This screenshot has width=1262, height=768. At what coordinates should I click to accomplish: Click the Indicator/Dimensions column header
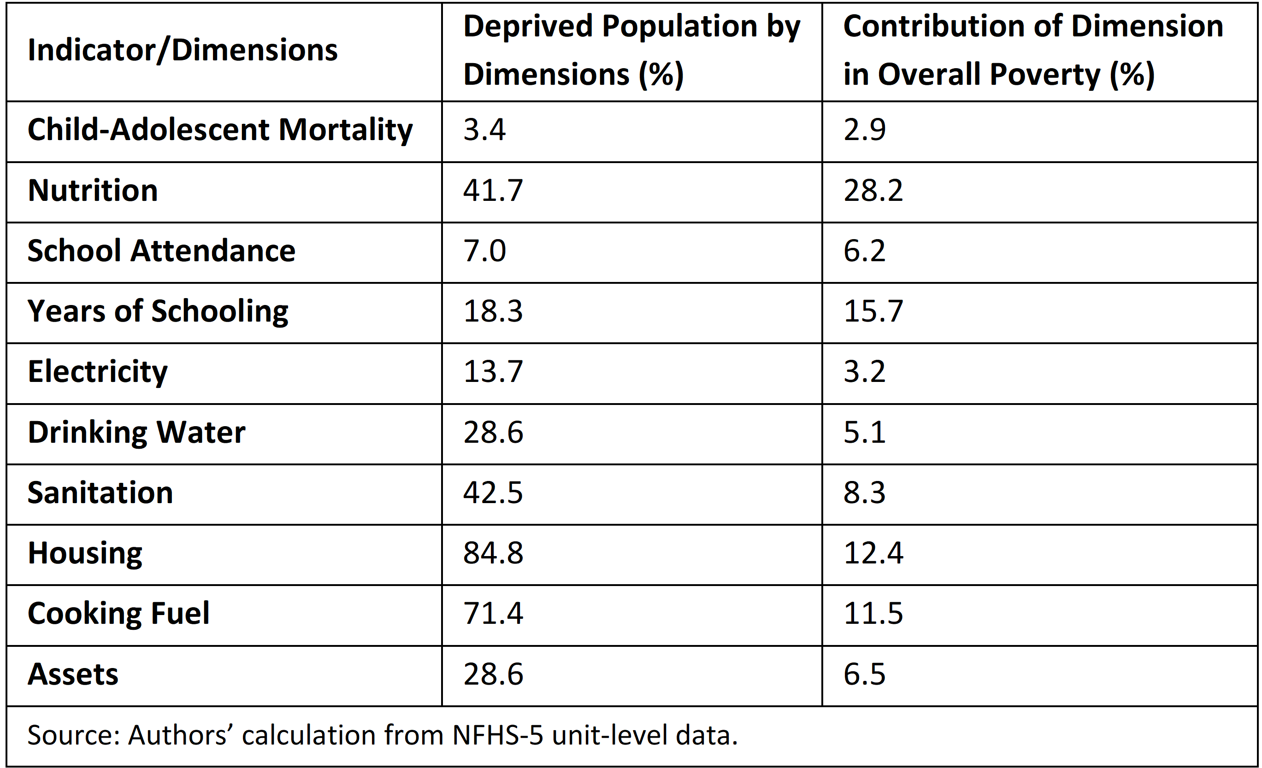[x=183, y=50]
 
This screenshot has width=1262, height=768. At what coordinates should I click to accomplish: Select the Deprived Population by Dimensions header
[x=631, y=50]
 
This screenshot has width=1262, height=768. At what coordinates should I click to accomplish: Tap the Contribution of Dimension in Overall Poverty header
[x=1033, y=50]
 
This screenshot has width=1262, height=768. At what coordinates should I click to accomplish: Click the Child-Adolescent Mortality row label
[x=220, y=130]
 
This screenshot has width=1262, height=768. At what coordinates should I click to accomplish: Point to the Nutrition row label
[x=93, y=190]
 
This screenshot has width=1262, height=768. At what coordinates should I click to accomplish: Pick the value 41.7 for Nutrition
[x=493, y=190]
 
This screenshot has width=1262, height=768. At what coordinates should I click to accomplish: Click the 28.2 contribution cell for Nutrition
[x=873, y=190]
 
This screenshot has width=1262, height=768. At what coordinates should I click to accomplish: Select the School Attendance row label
[x=161, y=251]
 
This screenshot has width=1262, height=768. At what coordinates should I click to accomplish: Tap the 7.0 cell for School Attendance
[x=484, y=251]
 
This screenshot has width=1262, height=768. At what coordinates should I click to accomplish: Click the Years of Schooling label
[x=158, y=312]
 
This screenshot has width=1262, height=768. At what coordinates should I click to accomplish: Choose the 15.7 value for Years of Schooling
[x=873, y=311]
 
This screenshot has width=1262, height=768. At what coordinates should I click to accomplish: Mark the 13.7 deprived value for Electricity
[x=493, y=372]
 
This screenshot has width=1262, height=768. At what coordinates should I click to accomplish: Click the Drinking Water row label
[x=136, y=433]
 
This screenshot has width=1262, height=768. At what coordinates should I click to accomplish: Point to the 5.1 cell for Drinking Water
[x=865, y=433]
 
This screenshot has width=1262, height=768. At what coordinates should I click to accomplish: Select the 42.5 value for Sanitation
[x=493, y=493]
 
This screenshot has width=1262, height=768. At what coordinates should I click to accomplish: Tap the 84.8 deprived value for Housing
[x=493, y=553]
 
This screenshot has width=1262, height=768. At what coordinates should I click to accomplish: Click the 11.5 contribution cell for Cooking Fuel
[x=873, y=614]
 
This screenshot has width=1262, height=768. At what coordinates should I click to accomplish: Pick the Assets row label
[x=73, y=674]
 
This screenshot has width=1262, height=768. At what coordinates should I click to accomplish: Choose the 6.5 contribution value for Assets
[x=865, y=674]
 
